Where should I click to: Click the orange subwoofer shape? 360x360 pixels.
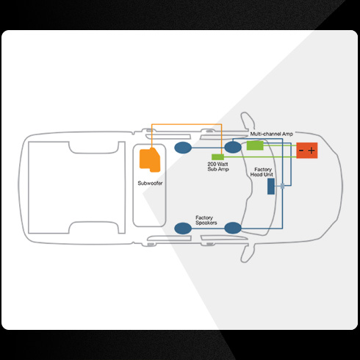(x=150, y=159)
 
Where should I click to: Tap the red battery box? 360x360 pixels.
(x=307, y=151)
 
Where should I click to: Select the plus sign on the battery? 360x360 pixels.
(x=312, y=151)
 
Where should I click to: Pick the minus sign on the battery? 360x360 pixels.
(x=301, y=151)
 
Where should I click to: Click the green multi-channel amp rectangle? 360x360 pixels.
(x=255, y=145)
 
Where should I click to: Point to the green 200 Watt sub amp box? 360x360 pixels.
(x=217, y=157)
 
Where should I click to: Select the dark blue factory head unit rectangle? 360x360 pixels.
(x=271, y=187)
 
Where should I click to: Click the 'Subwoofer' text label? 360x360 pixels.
(x=150, y=183)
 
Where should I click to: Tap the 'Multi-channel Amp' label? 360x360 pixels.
(x=271, y=134)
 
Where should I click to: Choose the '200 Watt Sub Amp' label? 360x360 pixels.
(x=218, y=167)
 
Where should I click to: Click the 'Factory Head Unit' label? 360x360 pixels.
(x=262, y=172)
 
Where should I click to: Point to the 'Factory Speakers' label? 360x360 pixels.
(x=206, y=220)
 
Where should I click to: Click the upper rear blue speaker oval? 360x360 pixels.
(x=183, y=148)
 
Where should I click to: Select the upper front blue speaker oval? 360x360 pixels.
(x=233, y=147)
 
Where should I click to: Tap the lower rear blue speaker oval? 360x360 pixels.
(x=183, y=228)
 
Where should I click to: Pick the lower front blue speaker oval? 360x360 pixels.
(x=233, y=228)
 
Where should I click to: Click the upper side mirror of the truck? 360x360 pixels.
(x=248, y=122)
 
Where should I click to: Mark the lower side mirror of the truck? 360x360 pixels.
(x=248, y=253)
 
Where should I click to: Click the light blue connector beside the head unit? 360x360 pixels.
(x=282, y=186)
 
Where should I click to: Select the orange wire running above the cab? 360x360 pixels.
(x=187, y=124)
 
